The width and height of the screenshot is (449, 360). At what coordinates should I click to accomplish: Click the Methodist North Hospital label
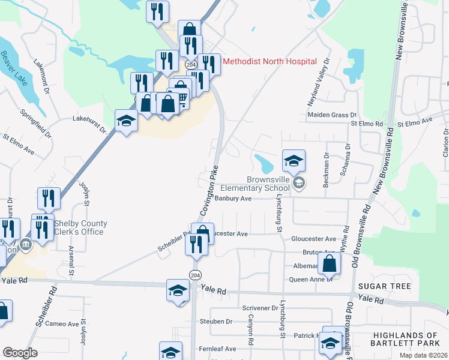[270, 61]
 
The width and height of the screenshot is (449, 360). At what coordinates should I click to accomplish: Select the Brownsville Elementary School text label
[268, 184]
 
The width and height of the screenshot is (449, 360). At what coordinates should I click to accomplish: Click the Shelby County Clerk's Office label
[81, 228]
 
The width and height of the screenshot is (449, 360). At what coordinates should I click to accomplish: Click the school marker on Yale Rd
[178, 290]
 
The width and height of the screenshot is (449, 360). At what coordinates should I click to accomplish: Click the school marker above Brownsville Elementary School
[294, 161]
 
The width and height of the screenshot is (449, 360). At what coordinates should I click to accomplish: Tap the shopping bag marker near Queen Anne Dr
[330, 263]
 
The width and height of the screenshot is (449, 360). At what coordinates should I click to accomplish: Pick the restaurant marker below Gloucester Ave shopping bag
[196, 244]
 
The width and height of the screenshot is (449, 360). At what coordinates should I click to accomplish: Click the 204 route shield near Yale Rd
[194, 275]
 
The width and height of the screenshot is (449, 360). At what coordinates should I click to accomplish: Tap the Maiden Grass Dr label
[332, 115]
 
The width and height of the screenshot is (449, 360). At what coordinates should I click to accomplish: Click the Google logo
[20, 353]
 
